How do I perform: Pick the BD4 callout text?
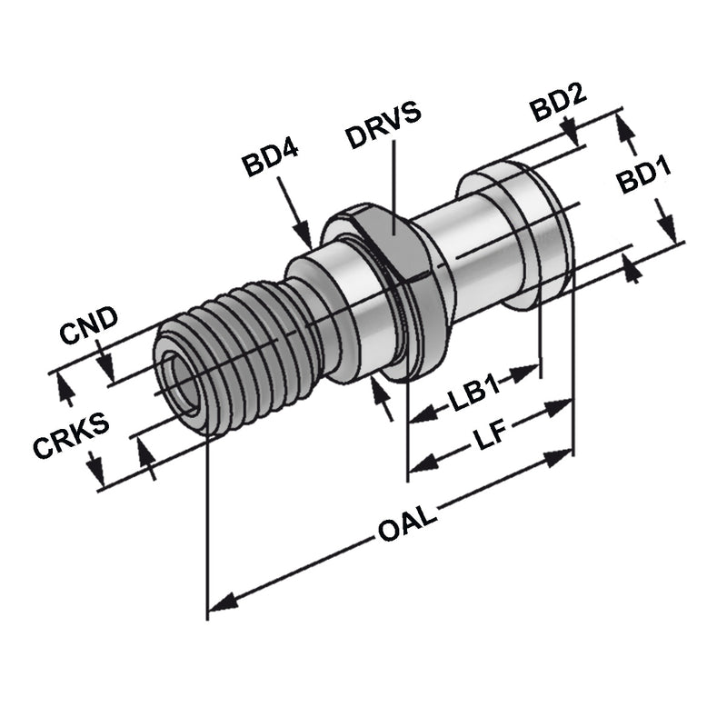click(271, 165)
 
